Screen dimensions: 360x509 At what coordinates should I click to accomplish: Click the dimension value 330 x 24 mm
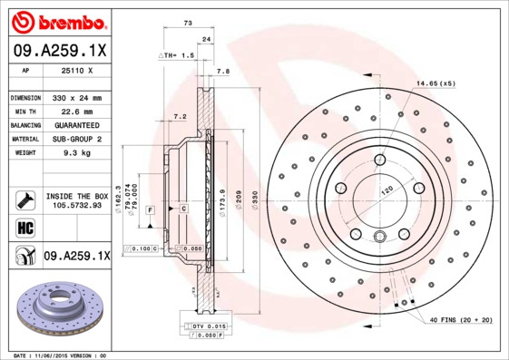[x=75, y=97]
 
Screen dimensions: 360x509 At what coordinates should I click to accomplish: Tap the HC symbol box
[x=24, y=226]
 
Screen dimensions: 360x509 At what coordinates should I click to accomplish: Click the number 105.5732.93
[x=75, y=205]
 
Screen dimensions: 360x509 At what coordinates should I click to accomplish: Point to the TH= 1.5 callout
[x=177, y=55]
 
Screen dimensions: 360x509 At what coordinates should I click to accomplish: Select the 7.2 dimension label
[x=180, y=116]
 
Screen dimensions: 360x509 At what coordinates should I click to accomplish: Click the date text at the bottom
[x=54, y=355]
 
